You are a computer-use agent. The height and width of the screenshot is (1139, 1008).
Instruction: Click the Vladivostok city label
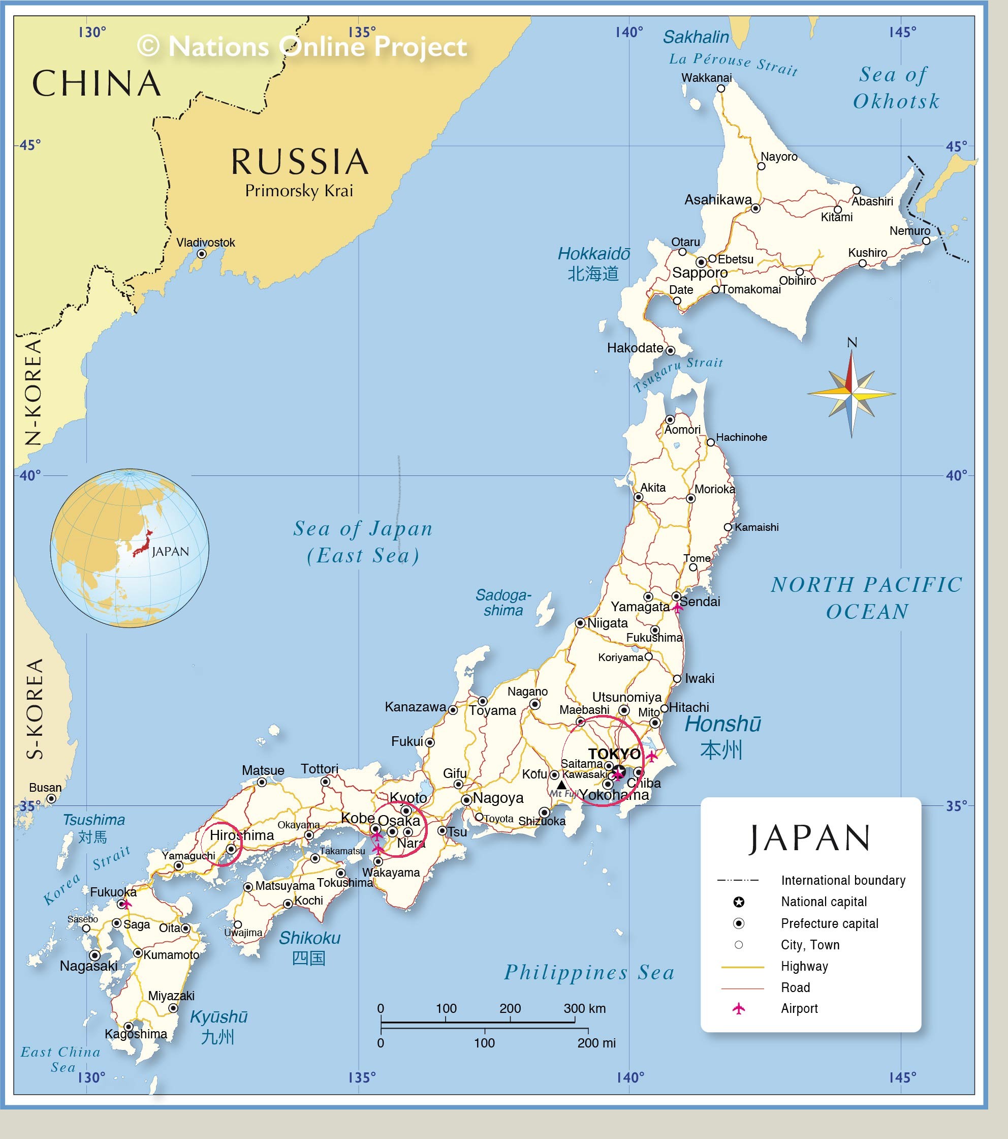(205, 243)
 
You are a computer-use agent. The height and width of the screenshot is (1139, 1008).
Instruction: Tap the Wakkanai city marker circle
(720, 88)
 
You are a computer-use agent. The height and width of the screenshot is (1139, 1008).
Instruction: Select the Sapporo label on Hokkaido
(700, 273)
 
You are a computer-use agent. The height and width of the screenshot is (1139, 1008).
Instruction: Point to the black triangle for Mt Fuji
(561, 785)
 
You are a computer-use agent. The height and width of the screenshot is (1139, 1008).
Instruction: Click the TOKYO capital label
(614, 754)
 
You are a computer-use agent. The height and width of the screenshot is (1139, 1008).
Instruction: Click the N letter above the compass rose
(852, 343)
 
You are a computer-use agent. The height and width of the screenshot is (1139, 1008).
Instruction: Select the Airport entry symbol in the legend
(738, 1009)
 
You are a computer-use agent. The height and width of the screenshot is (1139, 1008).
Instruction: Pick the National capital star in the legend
(738, 902)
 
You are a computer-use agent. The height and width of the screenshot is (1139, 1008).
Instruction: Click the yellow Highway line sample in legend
(742, 967)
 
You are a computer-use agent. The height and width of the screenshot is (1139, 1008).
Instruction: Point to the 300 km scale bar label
(584, 1008)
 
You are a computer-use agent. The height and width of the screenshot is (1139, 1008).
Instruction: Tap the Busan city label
(45, 787)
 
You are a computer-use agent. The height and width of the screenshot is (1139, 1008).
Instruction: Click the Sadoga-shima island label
(503, 603)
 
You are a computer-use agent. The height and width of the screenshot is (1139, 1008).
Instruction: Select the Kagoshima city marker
(129, 1027)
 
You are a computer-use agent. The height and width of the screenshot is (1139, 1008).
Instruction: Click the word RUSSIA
(300, 162)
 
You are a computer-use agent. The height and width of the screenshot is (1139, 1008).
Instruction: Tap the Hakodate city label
(635, 348)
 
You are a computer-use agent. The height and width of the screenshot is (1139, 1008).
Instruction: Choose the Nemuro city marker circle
(926, 241)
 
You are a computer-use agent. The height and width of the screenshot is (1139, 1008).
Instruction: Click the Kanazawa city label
(415, 707)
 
